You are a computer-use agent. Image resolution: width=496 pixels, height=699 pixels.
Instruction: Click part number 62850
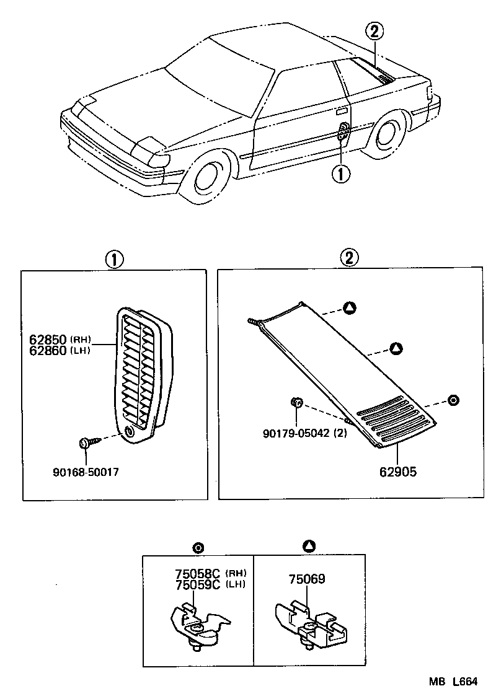pos(48,340)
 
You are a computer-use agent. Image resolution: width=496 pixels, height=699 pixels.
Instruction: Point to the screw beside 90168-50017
pos(86,443)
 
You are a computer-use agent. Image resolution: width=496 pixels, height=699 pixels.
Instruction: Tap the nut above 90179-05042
pos(296,403)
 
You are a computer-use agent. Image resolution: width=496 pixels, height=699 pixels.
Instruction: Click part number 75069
pos(306,579)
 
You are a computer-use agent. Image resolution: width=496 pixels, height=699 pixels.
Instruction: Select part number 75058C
pos(198,573)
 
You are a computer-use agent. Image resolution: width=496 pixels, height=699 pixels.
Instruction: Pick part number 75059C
pos(198,584)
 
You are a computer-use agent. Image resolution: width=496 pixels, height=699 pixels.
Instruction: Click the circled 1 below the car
pos(342,174)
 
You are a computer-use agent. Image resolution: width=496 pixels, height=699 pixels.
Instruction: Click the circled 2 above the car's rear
pos(374,30)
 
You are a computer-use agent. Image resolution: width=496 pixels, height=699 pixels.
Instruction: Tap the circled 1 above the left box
pos(114,258)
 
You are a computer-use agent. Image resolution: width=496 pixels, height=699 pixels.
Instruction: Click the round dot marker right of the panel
pos(453,400)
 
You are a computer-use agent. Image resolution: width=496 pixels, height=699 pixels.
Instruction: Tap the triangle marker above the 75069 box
pos(309,546)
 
